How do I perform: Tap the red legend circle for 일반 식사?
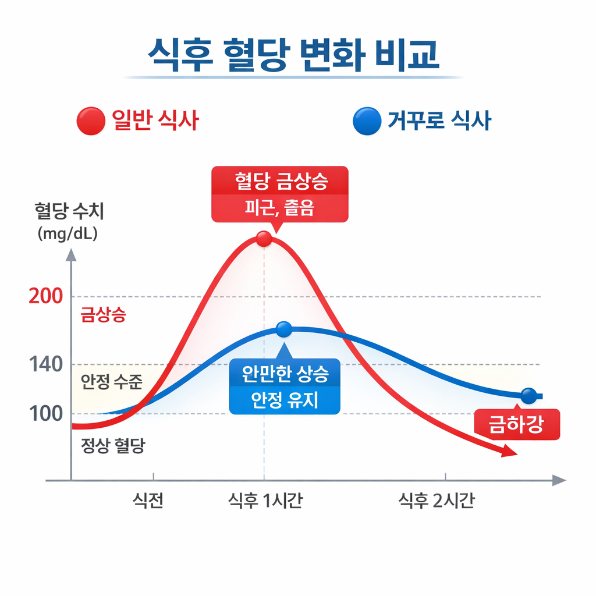[90, 122]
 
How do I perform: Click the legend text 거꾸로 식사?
[439, 121]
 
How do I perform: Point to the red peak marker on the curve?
[264, 239]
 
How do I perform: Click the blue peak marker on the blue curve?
[283, 329]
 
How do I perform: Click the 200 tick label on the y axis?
[45, 297]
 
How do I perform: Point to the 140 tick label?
[45, 366]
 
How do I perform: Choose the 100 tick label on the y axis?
[45, 414]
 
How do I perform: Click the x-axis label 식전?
[148, 501]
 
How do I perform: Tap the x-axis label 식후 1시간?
[265, 501]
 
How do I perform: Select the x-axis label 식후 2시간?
[436, 501]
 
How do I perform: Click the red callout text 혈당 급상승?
[281, 182]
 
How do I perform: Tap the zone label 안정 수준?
[111, 382]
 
